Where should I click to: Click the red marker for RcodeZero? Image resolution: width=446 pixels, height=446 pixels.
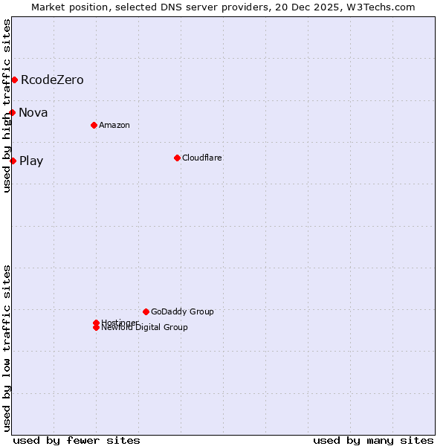14,80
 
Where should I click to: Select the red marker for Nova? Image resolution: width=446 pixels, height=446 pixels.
13,112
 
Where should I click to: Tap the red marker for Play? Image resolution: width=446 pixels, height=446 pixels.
13,161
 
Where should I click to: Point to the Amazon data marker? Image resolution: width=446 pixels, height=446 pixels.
94,125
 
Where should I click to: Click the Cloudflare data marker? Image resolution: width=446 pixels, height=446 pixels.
177,158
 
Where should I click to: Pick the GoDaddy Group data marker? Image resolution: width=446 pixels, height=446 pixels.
146,311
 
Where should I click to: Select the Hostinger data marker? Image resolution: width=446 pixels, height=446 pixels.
96,323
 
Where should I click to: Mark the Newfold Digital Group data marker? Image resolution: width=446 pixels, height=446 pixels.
96,328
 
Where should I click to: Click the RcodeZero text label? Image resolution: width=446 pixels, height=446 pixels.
52,80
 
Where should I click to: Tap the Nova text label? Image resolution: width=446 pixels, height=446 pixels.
33,112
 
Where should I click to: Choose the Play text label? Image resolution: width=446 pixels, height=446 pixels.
31,161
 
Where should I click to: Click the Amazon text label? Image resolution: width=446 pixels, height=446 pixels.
114,125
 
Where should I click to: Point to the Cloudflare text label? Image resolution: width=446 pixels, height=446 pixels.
202,158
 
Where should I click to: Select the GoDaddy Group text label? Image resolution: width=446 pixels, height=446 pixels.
182,311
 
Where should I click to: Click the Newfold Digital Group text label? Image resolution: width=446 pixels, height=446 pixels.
145,328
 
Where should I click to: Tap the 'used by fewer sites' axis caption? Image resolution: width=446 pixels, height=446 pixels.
77,440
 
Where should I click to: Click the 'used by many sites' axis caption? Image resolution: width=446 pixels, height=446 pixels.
373,440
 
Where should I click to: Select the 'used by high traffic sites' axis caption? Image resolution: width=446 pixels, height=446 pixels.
7,106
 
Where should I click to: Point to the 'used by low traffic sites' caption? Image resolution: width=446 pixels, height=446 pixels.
7,348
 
